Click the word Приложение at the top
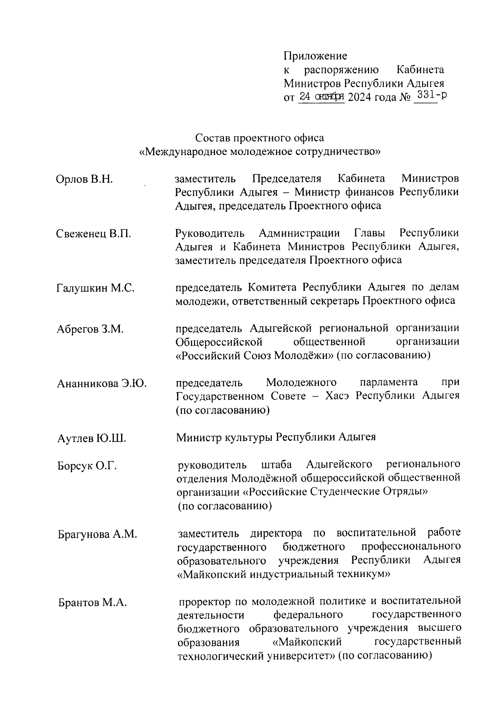[315, 56]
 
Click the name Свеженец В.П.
[94, 234]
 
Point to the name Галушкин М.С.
[95, 288]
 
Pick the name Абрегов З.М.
[90, 329]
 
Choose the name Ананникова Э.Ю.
[101, 383]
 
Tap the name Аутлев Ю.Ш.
[91, 439]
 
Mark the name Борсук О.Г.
[87, 466]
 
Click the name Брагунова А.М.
[97, 534]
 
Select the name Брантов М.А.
[92, 603]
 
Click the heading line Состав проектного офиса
[259, 138]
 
